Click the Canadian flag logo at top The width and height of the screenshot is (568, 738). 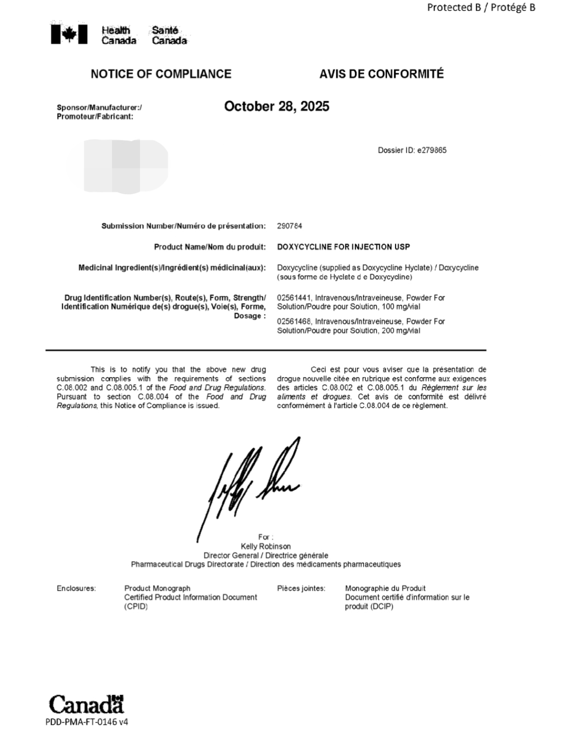click(69, 35)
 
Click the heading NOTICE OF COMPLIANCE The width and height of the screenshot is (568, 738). click(161, 74)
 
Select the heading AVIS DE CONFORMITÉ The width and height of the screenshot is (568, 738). click(381, 74)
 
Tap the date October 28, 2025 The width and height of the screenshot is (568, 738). click(277, 106)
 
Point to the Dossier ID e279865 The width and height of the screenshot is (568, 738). click(412, 150)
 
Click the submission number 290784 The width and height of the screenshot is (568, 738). click(289, 226)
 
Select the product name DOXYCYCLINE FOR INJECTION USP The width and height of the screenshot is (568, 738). click(343, 247)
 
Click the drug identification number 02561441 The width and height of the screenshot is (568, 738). click(293, 298)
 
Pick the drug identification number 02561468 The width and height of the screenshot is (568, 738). click(293, 321)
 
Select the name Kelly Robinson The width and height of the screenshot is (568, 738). click(266, 546)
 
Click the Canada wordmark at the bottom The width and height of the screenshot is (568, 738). click(86, 704)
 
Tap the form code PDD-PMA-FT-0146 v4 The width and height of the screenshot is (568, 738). click(87, 722)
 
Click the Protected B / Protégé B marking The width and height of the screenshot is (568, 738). click(481, 7)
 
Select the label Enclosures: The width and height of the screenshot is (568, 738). click(76, 589)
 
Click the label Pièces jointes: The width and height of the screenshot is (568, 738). click(301, 589)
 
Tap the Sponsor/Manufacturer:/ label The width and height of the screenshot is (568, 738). click(99, 107)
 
